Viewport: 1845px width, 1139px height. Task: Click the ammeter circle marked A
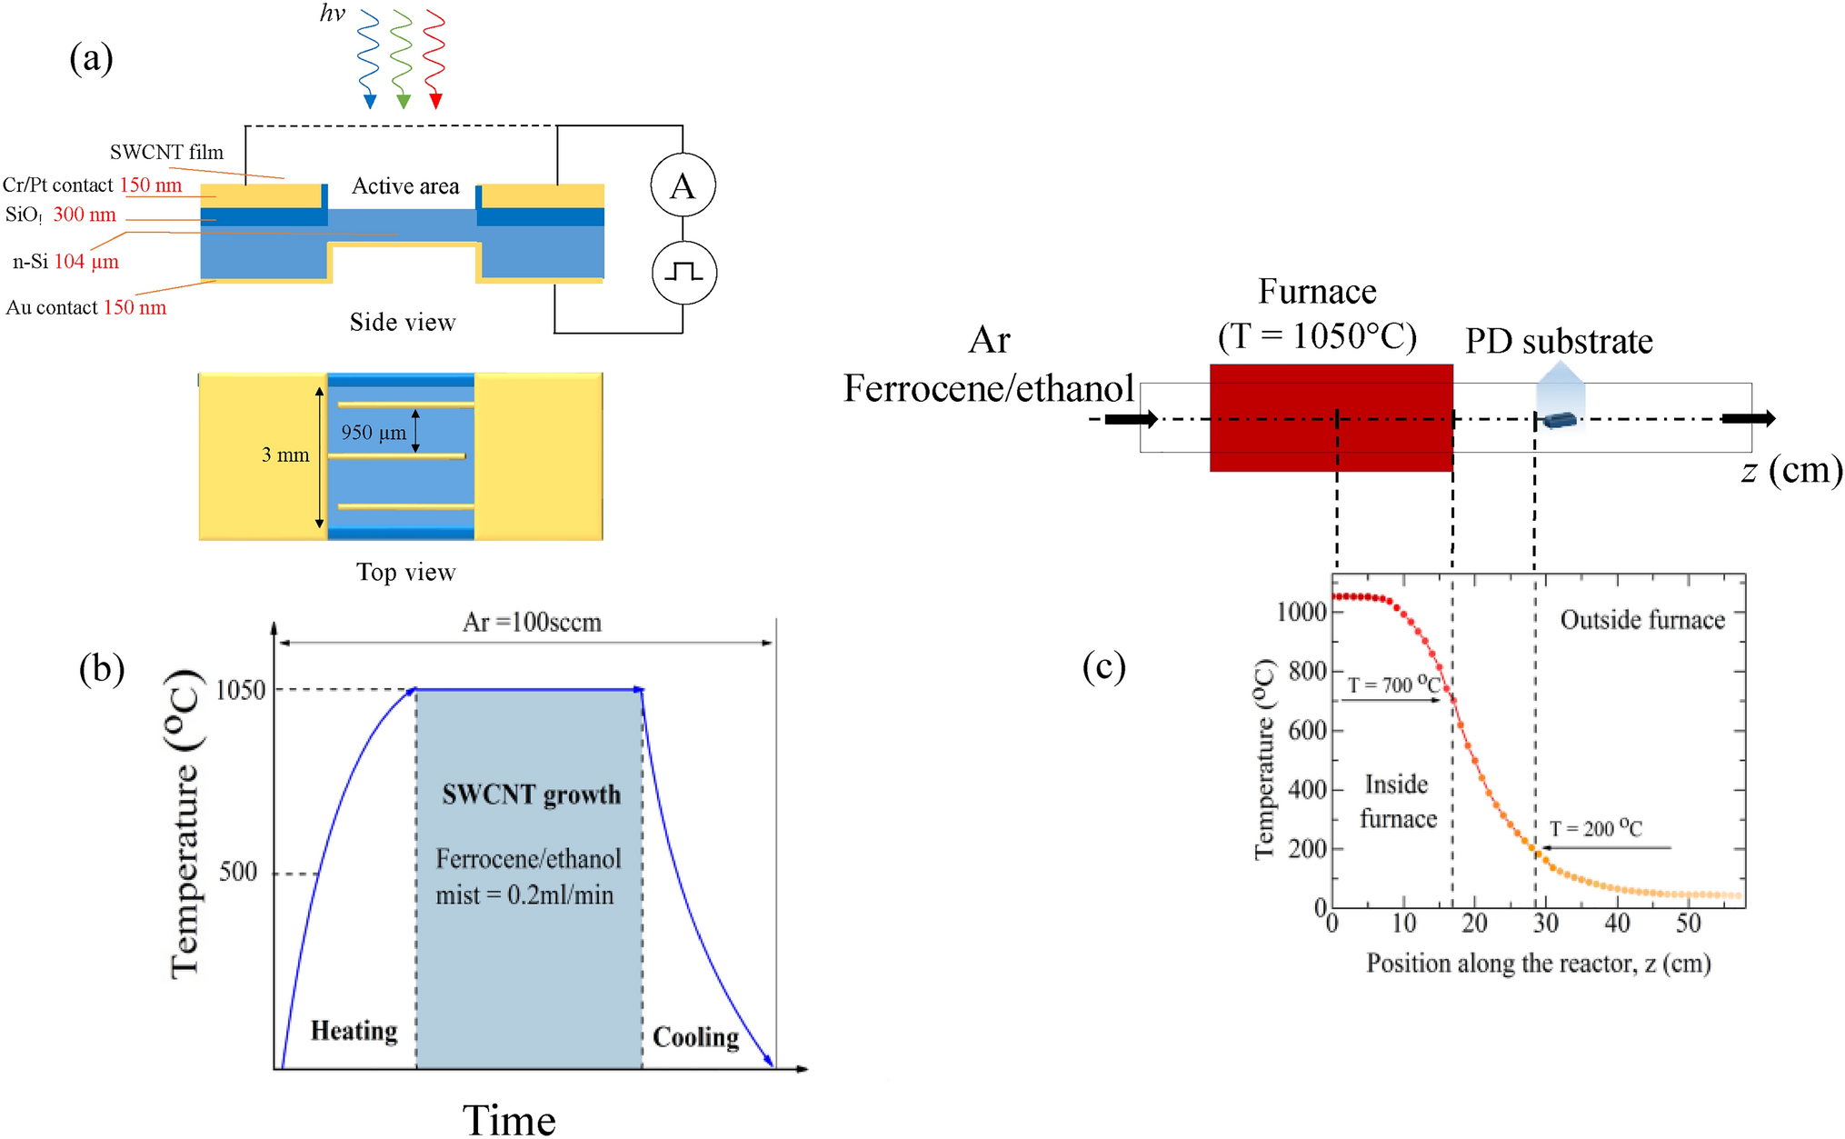683,185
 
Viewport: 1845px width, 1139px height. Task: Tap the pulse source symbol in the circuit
683,272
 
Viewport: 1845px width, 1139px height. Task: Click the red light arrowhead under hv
435,100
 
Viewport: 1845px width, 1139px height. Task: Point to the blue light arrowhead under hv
369,100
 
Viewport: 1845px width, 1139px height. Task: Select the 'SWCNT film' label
166,152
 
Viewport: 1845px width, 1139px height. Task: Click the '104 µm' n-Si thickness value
86,262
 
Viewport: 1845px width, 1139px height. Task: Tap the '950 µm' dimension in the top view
374,433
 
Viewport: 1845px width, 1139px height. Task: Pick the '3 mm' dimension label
285,455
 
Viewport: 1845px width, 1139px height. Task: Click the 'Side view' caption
403,322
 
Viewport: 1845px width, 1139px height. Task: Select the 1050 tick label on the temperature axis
241,690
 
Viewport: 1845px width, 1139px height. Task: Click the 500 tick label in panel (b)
238,872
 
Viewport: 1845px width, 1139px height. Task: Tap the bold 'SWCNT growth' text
532,794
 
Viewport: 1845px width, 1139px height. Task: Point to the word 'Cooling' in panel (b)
695,1037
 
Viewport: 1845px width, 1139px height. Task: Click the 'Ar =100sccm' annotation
532,623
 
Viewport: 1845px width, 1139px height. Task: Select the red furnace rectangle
1331,417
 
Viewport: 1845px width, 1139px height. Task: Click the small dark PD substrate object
1560,420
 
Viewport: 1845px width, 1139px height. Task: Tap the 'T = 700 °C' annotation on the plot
1393,684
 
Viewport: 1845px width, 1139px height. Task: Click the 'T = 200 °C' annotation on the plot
1595,828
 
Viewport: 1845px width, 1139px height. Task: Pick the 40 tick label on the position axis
1617,924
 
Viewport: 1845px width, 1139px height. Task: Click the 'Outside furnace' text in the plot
1642,620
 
